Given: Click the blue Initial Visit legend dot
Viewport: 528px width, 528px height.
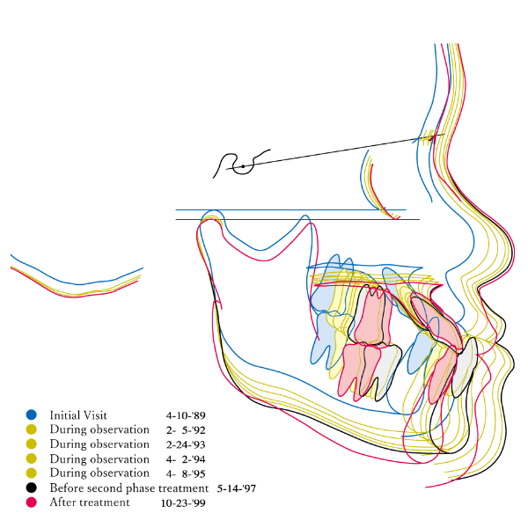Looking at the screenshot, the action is click(x=32, y=414).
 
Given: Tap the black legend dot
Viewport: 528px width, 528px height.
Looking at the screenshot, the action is click(x=32, y=488).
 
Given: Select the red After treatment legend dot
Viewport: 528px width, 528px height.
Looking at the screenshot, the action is click(x=32, y=502).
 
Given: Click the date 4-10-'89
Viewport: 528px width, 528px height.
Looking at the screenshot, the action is click(x=186, y=415).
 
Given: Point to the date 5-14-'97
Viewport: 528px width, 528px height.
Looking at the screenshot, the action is click(x=237, y=488).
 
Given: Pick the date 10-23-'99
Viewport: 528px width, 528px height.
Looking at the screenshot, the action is click(x=183, y=503).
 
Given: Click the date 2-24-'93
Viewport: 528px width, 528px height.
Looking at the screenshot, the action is click(x=186, y=444).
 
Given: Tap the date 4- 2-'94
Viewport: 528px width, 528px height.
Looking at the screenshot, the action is click(x=186, y=459).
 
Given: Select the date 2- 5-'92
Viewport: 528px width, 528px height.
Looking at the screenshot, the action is click(x=186, y=430).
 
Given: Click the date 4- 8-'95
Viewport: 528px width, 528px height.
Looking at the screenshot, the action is click(x=186, y=473).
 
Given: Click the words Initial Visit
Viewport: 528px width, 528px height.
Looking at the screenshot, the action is click(x=78, y=415).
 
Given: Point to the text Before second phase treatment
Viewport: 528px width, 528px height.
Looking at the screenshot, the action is click(x=129, y=488).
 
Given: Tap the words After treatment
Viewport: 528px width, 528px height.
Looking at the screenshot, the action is click(x=90, y=502).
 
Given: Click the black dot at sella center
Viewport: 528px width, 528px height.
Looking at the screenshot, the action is click(x=243, y=166).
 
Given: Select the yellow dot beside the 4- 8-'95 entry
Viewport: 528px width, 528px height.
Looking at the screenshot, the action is click(x=32, y=473).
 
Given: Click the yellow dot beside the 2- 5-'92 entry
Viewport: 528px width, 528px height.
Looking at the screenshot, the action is click(x=32, y=429).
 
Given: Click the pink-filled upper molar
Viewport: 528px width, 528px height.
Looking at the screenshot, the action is click(x=373, y=317).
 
